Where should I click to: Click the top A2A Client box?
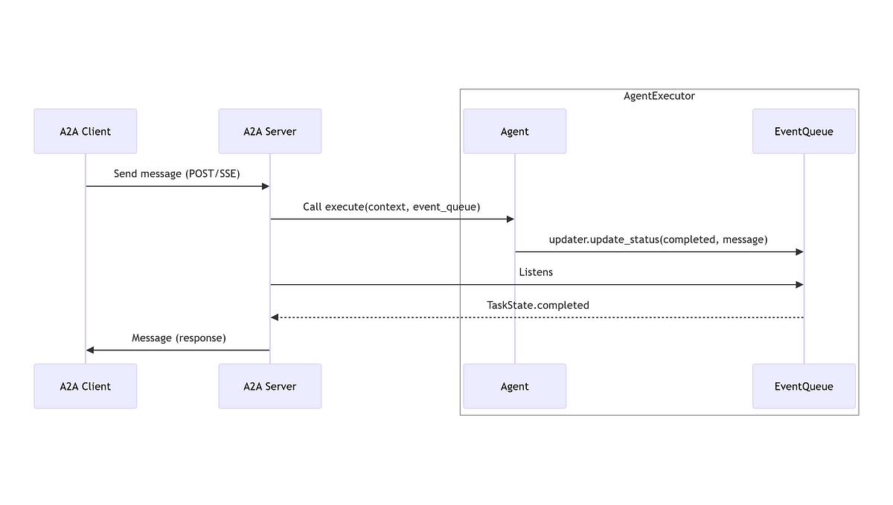(x=86, y=131)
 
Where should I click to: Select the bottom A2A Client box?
(x=86, y=386)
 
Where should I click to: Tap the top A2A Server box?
(x=270, y=131)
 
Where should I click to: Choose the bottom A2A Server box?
(x=270, y=386)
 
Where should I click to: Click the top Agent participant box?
(x=515, y=131)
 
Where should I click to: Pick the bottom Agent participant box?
(x=515, y=386)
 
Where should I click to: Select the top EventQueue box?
(x=804, y=131)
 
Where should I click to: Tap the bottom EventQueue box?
(x=804, y=386)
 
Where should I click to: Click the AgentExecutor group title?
(x=659, y=96)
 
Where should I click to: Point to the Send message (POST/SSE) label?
(x=176, y=174)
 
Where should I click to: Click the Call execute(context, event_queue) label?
(x=391, y=207)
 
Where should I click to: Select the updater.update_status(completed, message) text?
(x=658, y=239)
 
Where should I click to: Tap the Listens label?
(x=536, y=272)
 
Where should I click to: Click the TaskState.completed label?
(x=538, y=306)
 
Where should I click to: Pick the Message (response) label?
(x=179, y=338)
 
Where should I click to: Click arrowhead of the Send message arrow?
(x=266, y=186)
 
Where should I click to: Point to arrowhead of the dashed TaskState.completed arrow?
(x=275, y=318)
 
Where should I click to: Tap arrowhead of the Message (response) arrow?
(x=90, y=350)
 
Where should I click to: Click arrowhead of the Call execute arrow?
(x=510, y=219)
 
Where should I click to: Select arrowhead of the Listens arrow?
(x=799, y=285)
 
